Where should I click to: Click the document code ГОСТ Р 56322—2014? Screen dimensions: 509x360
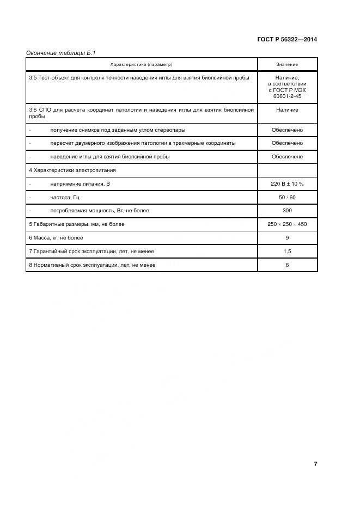point(287,40)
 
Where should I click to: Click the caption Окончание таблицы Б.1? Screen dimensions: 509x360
point(60,53)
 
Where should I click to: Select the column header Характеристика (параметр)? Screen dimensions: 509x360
point(141,65)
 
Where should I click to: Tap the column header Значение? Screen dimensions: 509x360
point(287,65)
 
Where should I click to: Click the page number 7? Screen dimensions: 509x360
point(315,464)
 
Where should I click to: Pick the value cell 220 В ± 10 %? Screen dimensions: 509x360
point(287,184)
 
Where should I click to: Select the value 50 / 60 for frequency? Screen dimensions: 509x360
point(287,197)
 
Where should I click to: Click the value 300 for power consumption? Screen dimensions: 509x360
point(287,211)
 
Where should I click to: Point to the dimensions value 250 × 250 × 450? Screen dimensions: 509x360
point(287,224)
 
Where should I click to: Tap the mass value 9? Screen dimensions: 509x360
point(287,238)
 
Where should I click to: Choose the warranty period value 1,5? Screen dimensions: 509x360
point(287,252)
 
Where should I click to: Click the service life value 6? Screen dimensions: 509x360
point(287,265)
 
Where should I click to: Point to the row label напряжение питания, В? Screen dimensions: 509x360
point(80,184)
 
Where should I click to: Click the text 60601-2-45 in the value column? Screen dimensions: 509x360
point(287,96)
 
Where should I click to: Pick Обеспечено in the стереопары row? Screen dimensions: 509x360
point(287,130)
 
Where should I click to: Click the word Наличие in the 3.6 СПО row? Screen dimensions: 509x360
point(287,110)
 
